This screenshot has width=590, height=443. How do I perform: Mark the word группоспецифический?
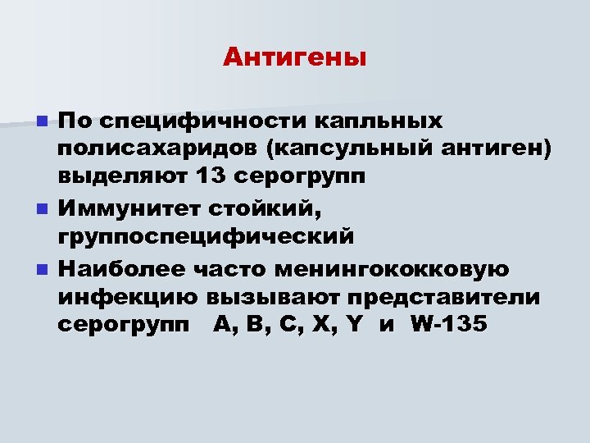coord(206,237)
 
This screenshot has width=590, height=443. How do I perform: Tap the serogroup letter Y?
coord(355,324)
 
